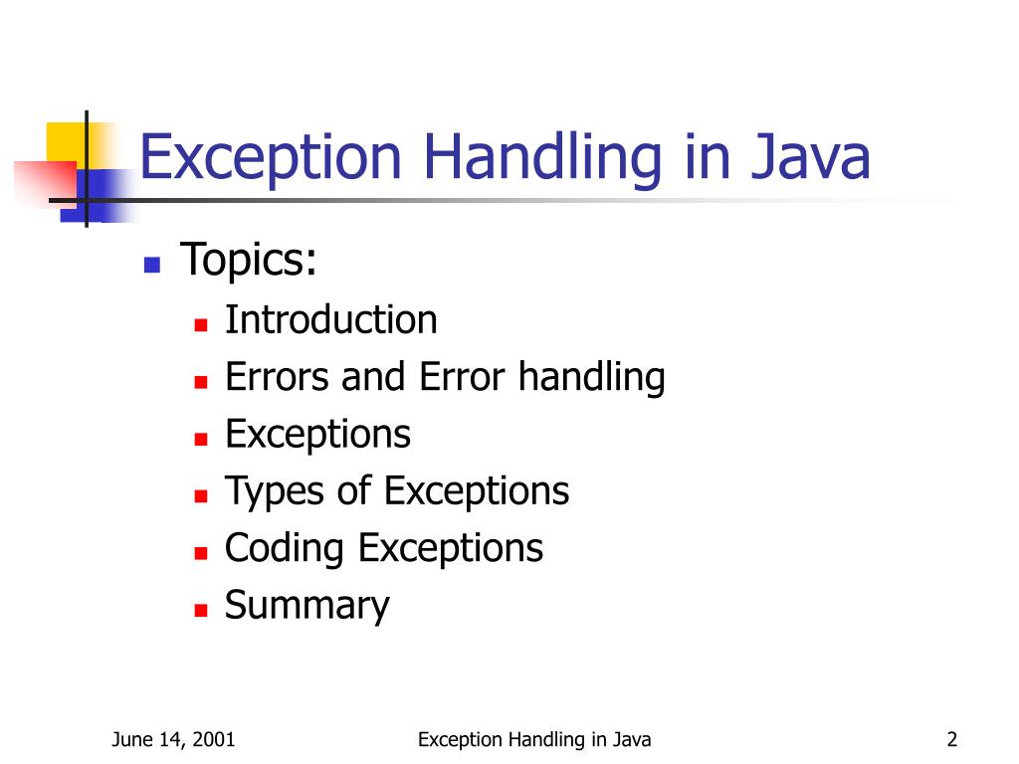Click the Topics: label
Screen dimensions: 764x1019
pos(249,261)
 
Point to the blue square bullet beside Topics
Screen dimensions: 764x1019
pos(152,265)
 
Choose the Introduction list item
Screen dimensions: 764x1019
pos(330,320)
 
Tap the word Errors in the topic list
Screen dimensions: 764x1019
pos(279,378)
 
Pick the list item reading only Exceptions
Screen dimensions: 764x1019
pos(317,435)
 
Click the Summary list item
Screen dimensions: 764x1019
pos(306,606)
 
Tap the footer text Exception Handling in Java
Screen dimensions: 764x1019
pos(534,739)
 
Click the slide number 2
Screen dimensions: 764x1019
pos(952,739)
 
